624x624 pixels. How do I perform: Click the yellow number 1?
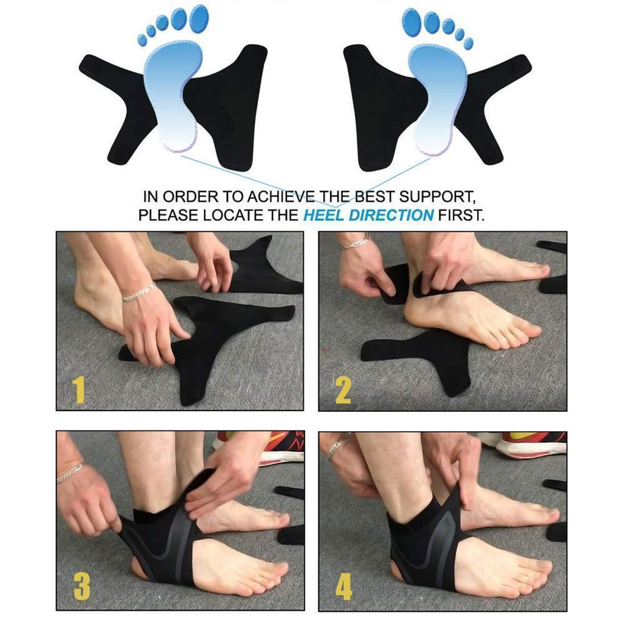point(79,390)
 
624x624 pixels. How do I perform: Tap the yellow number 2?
point(343,390)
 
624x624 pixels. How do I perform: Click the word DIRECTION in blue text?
point(390,215)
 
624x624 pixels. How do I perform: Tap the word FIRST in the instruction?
point(461,215)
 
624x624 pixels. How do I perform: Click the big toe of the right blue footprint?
point(411,19)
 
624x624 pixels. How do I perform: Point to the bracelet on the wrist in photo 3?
point(69,473)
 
